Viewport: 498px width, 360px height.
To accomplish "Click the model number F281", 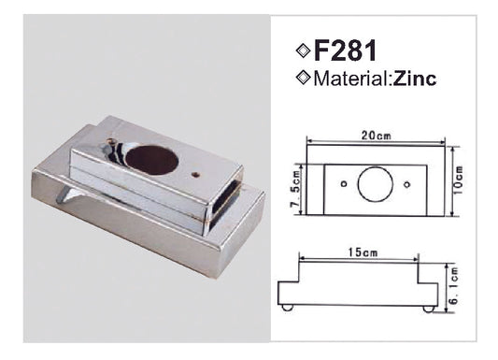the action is point(345,50).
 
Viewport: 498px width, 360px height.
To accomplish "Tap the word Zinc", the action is point(415,79).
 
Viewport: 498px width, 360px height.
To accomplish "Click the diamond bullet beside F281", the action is point(303,50).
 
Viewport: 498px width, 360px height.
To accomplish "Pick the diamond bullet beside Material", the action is point(303,78).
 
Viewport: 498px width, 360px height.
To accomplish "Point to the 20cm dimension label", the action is point(377,136).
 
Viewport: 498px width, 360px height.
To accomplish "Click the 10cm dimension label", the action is point(459,180).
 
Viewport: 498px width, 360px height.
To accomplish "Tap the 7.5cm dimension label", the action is point(295,189).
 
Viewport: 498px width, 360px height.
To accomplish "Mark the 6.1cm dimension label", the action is point(454,285).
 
